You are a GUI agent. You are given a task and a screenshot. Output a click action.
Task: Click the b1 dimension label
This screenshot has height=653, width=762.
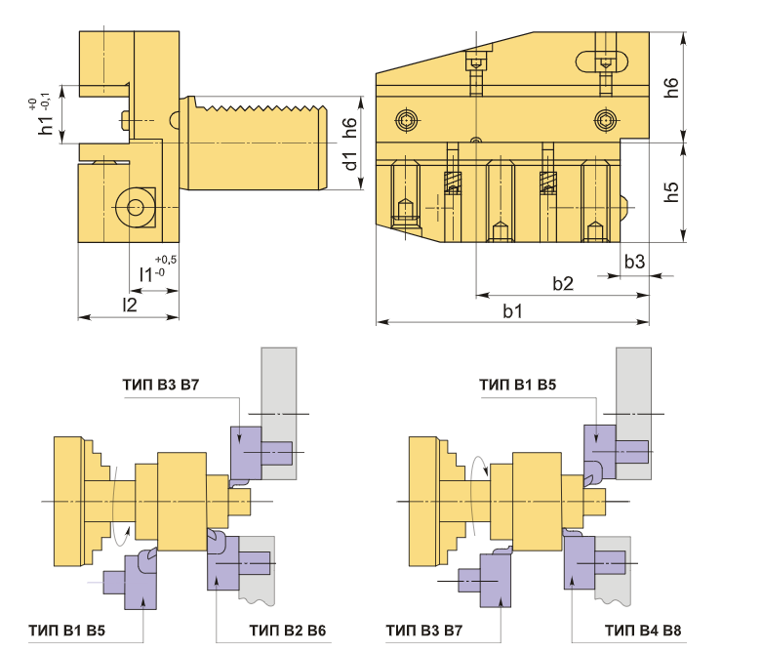[512, 310]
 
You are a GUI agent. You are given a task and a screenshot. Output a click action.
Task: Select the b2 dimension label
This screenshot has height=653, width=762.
[563, 283]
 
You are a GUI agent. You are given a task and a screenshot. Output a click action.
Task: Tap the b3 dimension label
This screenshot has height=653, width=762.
[635, 262]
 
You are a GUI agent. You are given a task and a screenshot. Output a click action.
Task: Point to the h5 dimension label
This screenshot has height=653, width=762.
[671, 191]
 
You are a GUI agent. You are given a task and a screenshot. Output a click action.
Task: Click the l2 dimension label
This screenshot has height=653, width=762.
[130, 305]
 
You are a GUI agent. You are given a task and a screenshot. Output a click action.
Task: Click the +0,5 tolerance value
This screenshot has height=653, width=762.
[166, 260]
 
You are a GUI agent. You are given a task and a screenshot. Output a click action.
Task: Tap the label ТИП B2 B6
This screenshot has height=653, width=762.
[288, 631]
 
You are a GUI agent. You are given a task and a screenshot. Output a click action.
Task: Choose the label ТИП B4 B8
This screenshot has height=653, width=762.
[643, 631]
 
